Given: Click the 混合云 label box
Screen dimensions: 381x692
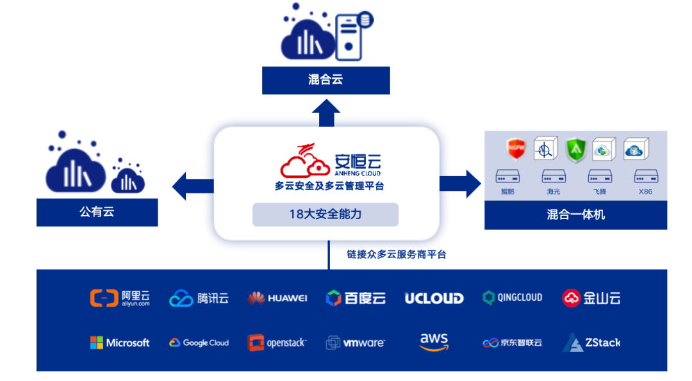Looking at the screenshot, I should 325,80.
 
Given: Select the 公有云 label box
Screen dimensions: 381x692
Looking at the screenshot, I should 97,212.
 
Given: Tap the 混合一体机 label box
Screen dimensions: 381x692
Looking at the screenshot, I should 575,215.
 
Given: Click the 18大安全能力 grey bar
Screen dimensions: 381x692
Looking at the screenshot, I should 325,215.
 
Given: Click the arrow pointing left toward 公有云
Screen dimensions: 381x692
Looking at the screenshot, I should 192,186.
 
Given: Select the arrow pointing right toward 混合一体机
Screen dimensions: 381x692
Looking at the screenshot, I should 460,184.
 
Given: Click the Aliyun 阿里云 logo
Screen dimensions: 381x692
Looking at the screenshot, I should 120,298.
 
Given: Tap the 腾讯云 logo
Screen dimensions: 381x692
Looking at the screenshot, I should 199,298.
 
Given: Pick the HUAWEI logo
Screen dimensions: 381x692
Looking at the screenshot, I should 277,298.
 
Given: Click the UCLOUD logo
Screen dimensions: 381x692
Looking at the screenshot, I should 434,298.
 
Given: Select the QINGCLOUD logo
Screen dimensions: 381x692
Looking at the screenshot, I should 512,298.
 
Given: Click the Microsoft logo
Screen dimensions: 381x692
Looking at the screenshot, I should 120,343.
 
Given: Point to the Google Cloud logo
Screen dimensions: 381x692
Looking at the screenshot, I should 199,343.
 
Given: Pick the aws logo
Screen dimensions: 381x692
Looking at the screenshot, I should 434,341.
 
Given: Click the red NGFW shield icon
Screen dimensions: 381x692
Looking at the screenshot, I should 516,149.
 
